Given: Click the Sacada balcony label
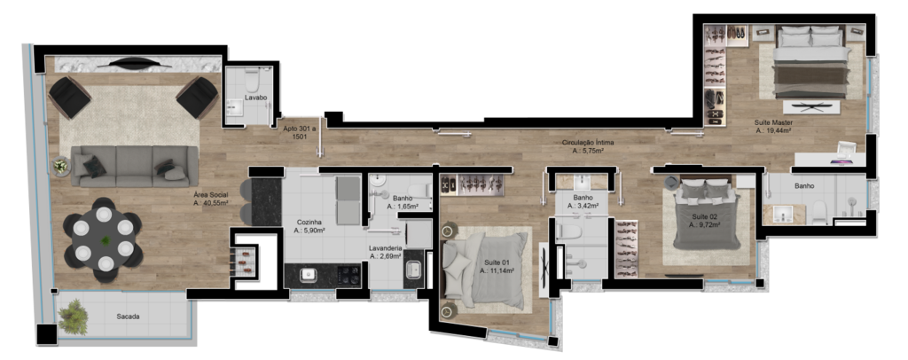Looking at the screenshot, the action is pyautogui.click(x=128, y=317).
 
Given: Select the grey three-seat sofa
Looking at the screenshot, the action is pyautogui.click(x=135, y=166).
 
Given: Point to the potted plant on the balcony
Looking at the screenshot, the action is pyautogui.click(x=74, y=317).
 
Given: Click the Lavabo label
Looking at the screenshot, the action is pyautogui.click(x=255, y=98).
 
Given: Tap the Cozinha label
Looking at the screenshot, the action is pyautogui.click(x=310, y=222).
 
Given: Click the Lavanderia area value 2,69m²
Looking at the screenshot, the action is pyautogui.click(x=386, y=256).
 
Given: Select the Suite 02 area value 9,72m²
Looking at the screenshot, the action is pyautogui.click(x=705, y=224).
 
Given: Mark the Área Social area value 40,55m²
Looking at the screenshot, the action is pyautogui.click(x=211, y=203).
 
